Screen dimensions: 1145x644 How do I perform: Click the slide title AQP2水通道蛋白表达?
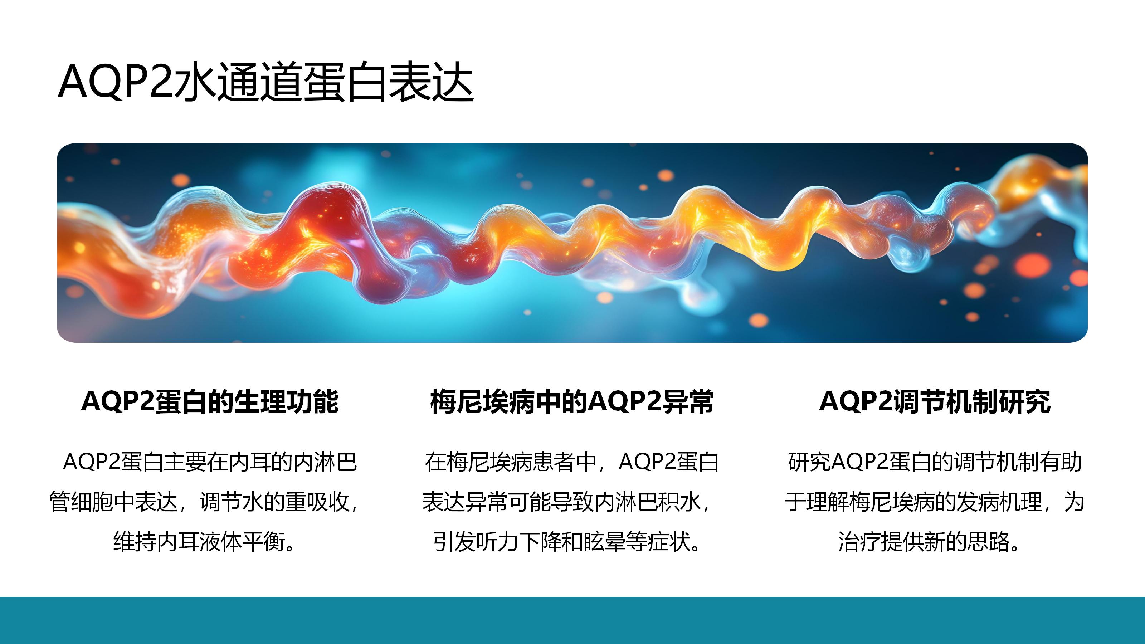(x=266, y=82)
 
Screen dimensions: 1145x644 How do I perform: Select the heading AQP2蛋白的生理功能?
(x=210, y=402)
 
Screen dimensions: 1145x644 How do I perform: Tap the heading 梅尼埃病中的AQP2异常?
(x=572, y=402)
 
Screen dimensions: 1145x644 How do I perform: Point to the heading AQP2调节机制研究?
(x=935, y=402)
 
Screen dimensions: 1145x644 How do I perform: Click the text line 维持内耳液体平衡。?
(x=204, y=542)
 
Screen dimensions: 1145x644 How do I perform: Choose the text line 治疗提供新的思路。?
(x=930, y=542)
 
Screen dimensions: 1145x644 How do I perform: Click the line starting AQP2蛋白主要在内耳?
(x=210, y=462)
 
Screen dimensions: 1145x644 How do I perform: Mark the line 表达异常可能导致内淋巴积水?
(x=567, y=502)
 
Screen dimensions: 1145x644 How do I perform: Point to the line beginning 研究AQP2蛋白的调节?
(x=935, y=462)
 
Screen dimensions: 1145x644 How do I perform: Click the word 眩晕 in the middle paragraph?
(x=604, y=542)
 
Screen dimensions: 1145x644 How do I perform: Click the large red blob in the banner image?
(x=329, y=231)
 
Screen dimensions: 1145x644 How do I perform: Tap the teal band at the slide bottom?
(x=572, y=620)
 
